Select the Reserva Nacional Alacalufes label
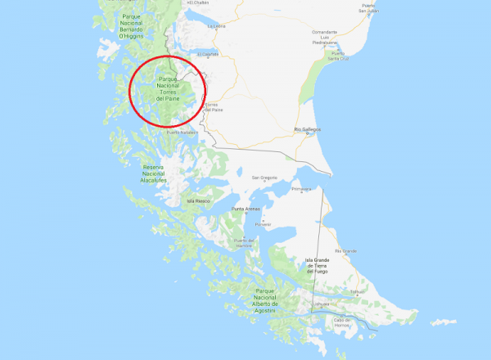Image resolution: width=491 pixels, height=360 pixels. click(x=153, y=173)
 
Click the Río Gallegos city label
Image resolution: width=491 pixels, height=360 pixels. click(x=307, y=129)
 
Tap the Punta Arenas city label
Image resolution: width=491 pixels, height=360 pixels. click(x=245, y=209)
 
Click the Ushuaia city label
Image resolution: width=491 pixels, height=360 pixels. click(x=322, y=304)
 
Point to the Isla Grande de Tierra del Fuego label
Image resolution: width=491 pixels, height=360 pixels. click(x=318, y=265)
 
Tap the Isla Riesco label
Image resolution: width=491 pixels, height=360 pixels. click(x=200, y=200)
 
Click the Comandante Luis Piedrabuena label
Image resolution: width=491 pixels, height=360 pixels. click(x=325, y=37)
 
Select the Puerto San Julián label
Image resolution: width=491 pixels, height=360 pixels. click(x=367, y=8)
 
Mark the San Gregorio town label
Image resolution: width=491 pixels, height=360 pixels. click(x=264, y=178)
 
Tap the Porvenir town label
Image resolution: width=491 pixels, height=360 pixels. click(x=262, y=223)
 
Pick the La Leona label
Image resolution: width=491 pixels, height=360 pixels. click(x=216, y=25)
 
